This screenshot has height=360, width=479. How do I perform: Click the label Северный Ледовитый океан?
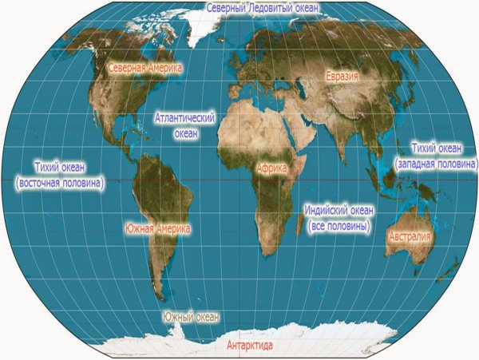(x=262, y=8)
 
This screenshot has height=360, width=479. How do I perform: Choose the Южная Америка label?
(x=158, y=229)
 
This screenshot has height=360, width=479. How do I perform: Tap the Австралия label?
(x=409, y=237)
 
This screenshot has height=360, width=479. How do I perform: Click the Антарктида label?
(x=250, y=346)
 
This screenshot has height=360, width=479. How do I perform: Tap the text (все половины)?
(x=338, y=226)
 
